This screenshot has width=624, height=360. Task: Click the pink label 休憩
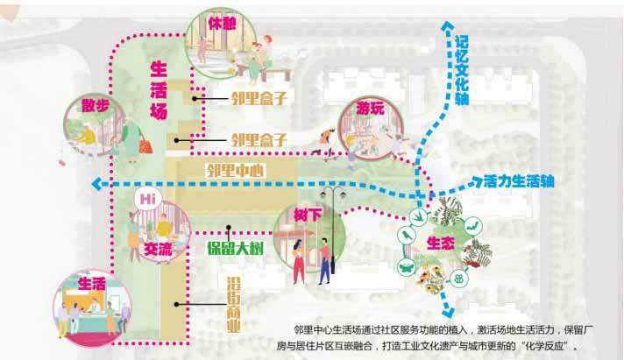(x=221, y=19)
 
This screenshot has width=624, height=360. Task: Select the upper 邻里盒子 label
(x=259, y=98)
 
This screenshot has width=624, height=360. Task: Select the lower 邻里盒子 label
(x=259, y=138)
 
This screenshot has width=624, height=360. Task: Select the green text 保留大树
(x=237, y=246)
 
